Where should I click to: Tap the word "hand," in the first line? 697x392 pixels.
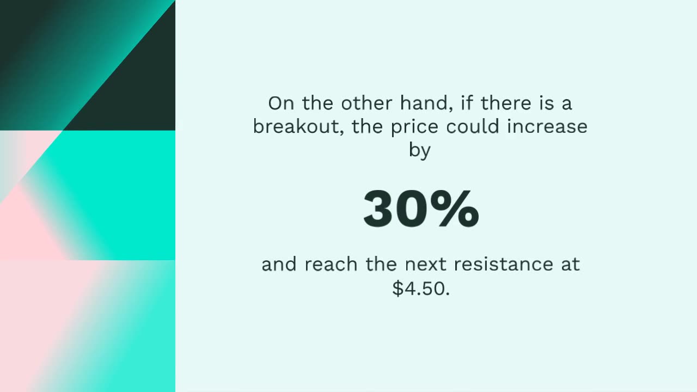point(423,103)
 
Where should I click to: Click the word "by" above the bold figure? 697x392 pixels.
point(420,151)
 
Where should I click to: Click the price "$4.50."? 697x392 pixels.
point(421,288)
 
